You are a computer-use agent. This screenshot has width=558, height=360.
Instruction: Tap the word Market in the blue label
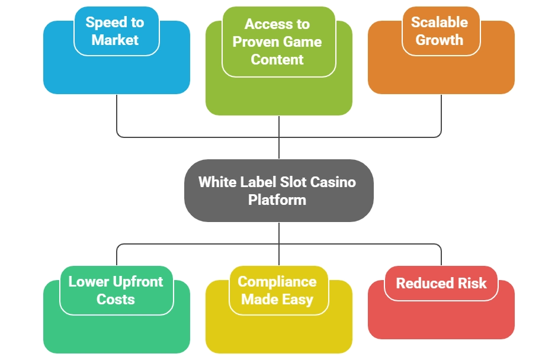(x=115, y=40)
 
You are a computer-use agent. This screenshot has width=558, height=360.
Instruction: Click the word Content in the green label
(x=277, y=60)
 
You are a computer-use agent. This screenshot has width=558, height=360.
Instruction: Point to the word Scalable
(x=439, y=22)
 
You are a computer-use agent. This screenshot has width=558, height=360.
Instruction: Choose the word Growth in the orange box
(x=439, y=40)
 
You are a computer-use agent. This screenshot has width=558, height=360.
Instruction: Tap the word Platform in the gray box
(x=277, y=200)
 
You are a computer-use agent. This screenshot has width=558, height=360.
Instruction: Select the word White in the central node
(x=216, y=182)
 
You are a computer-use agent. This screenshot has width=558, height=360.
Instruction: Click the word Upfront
(x=139, y=281)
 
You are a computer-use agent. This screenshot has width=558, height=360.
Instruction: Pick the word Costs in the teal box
(x=116, y=299)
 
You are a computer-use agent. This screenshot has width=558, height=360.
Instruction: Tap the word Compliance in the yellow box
(x=277, y=281)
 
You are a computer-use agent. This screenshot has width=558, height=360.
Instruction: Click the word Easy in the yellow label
(x=297, y=300)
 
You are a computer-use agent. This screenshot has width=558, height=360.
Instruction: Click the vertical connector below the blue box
(x=116, y=115)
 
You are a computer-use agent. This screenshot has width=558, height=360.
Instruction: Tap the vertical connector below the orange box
(x=442, y=115)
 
